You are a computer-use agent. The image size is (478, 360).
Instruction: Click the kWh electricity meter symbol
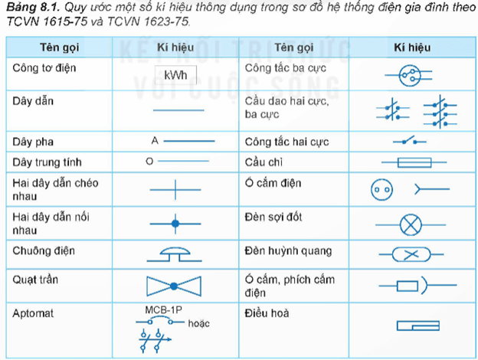(175, 75)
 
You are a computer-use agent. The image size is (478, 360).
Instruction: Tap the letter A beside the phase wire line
(155, 140)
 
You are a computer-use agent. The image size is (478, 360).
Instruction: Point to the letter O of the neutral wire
(149, 162)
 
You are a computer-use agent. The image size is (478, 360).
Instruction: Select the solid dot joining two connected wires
(175, 224)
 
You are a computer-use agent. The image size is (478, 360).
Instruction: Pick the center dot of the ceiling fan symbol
(174, 286)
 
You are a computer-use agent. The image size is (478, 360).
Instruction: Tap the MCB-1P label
(163, 310)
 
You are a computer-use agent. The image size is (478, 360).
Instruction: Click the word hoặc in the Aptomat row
(198, 323)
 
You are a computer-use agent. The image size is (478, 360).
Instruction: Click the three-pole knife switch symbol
(440, 112)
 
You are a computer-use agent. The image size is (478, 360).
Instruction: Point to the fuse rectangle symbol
(414, 162)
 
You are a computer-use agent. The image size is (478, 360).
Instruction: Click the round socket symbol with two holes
(381, 190)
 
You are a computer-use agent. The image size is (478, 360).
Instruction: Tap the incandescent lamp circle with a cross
(411, 225)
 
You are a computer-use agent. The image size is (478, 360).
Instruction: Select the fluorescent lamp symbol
(411, 254)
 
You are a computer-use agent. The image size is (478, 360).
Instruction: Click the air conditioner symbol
(418, 326)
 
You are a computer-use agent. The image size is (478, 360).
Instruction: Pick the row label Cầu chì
(264, 162)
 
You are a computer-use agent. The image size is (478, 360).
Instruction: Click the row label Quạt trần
(35, 280)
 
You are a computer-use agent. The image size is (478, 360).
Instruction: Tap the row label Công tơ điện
(44, 67)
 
